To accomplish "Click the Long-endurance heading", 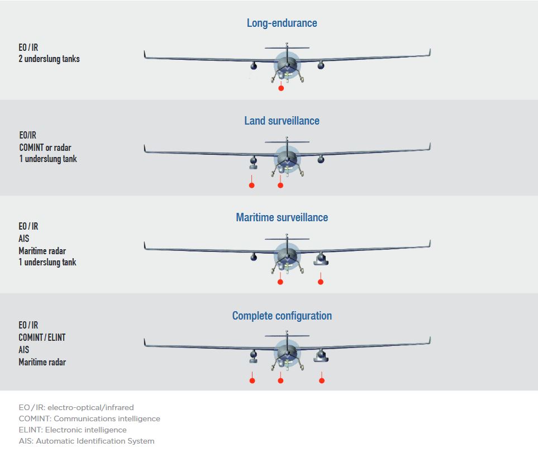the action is (x=282, y=23).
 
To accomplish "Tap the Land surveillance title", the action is (x=282, y=121).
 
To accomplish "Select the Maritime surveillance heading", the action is (x=282, y=217).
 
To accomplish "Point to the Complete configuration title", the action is (x=282, y=316).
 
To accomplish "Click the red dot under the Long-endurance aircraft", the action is (x=281, y=88).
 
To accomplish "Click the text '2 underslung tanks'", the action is (x=49, y=59).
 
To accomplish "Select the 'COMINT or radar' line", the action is (x=45, y=148).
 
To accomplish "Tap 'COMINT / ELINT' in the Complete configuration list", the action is (x=42, y=337).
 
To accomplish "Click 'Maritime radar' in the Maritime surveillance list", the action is (x=42, y=251).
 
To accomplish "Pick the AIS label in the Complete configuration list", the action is (x=23, y=350).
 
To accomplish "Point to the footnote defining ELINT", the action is (x=73, y=430).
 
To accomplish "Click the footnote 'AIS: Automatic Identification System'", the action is (x=87, y=441).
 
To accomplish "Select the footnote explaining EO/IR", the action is (x=76, y=407).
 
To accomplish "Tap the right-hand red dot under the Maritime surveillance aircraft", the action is (x=321, y=282).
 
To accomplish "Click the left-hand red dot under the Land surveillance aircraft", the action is (x=251, y=185).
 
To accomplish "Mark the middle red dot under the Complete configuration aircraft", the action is (x=280, y=380).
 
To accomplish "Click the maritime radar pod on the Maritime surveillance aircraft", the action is (x=321, y=259).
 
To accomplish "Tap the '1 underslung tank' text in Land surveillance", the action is (x=48, y=159).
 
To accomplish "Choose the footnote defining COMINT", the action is (x=89, y=418).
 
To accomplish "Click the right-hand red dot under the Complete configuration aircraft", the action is (x=321, y=380).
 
